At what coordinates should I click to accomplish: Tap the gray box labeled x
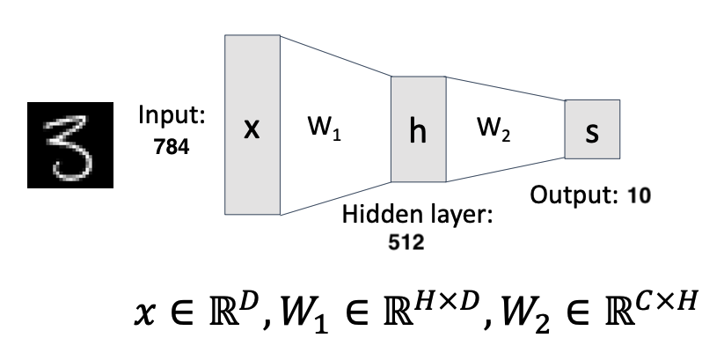pyautogui.click(x=252, y=126)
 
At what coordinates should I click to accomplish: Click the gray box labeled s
pyautogui.click(x=592, y=129)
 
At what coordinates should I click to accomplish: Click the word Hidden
pyautogui.click(x=371, y=216)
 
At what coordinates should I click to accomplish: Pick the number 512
pyautogui.click(x=406, y=243)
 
